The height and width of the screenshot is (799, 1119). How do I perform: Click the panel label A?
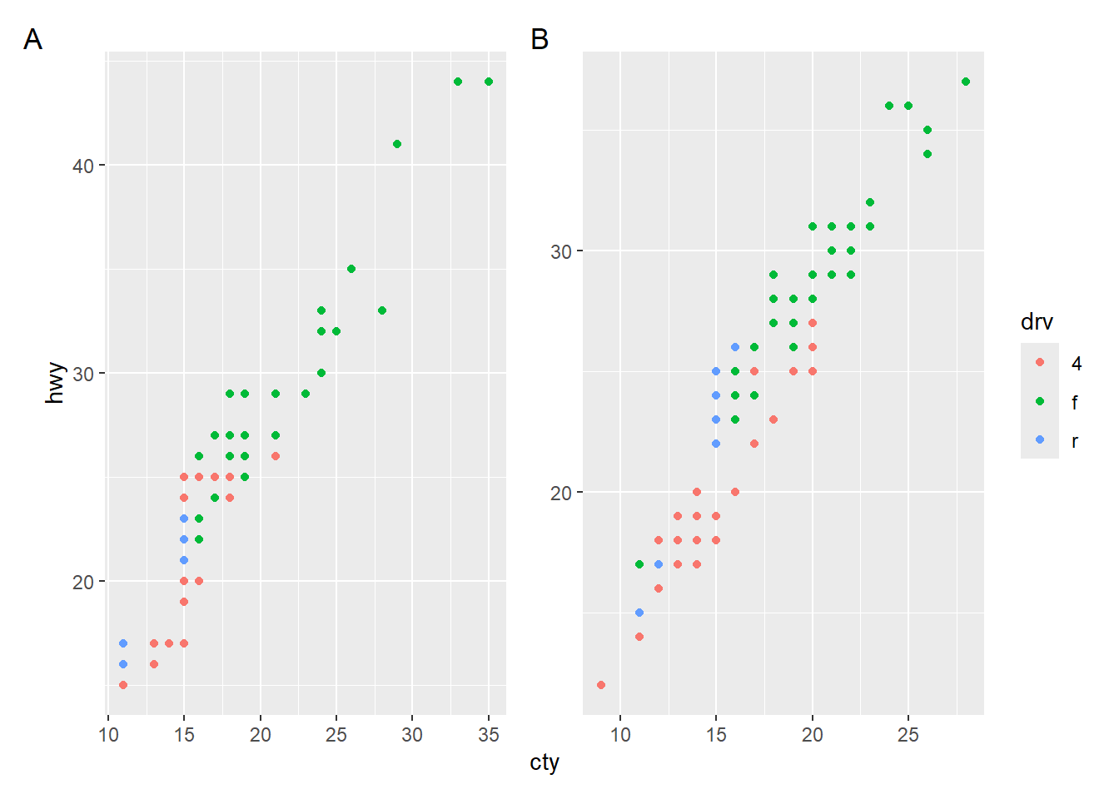tap(32, 39)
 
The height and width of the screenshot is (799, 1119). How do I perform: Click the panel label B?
tap(540, 39)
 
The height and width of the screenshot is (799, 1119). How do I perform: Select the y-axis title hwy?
tap(55, 383)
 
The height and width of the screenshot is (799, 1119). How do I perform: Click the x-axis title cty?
tap(545, 762)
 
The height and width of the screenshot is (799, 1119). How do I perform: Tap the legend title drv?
tap(1037, 322)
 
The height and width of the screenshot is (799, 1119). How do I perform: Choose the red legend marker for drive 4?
tap(1040, 362)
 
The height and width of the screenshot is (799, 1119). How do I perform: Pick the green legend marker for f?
tap(1040, 401)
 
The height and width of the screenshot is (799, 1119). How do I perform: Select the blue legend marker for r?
tap(1040, 439)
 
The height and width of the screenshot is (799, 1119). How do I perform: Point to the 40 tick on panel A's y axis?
tap(83, 166)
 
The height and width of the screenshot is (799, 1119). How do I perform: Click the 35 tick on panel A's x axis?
tap(489, 735)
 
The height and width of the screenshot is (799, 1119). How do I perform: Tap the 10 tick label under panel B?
tap(620, 735)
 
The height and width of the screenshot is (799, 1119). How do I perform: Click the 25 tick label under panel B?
tap(908, 735)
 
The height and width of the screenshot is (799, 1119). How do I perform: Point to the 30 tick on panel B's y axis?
tap(561, 251)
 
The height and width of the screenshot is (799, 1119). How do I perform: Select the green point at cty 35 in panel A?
tap(489, 82)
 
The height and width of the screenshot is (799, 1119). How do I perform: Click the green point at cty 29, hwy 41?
tap(397, 144)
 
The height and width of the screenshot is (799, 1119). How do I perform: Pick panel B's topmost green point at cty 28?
tap(966, 82)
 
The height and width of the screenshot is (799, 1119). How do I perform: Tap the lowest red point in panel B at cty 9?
tap(601, 685)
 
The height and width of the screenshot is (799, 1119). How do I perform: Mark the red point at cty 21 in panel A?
tap(276, 456)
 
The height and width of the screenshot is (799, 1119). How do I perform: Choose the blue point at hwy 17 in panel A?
tap(123, 643)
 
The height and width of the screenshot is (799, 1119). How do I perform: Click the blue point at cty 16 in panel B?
tap(735, 347)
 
